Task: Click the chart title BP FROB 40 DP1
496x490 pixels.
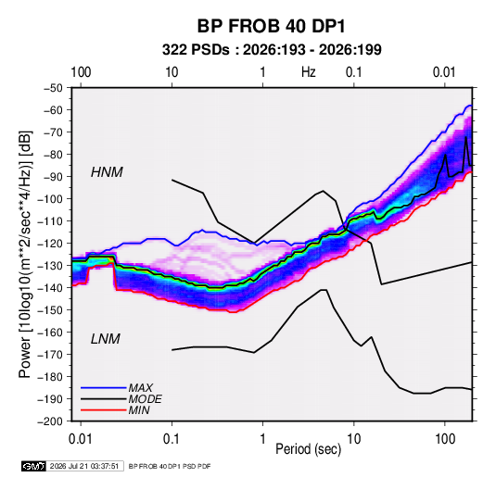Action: coord(271,26)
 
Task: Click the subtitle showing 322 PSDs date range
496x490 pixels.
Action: coord(272,50)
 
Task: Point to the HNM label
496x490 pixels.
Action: coord(107,172)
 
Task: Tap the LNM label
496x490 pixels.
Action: coord(106,339)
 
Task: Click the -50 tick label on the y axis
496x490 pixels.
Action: coord(53,88)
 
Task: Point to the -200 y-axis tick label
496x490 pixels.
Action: coord(50,421)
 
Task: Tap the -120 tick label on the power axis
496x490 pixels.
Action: coord(50,244)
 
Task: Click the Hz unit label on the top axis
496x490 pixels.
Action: coord(309,72)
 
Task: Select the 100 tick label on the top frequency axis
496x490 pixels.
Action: coord(81,72)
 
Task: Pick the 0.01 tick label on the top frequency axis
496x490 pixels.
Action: coord(444,72)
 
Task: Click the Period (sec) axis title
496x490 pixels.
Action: coord(309,449)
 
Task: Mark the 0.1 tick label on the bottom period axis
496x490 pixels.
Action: coord(172,439)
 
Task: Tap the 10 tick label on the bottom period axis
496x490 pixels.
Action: coord(353,439)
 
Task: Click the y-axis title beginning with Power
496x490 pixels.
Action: coord(25,254)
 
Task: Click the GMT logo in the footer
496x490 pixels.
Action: coord(33,466)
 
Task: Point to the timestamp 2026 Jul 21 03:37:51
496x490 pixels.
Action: coord(84,466)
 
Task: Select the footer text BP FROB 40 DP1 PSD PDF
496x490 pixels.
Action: coord(170,466)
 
